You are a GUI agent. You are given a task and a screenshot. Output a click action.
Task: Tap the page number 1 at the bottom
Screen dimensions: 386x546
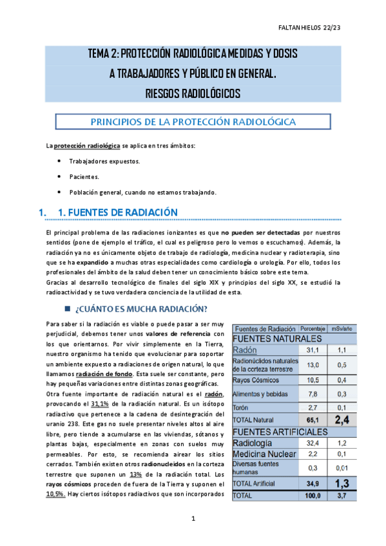(193, 518)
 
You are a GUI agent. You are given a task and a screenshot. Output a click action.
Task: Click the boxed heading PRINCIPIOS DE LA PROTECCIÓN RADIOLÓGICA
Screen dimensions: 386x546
(193, 122)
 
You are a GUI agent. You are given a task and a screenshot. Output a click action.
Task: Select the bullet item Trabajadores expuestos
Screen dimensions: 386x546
(104, 161)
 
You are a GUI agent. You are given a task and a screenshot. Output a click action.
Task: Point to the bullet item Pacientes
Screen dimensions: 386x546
(84, 176)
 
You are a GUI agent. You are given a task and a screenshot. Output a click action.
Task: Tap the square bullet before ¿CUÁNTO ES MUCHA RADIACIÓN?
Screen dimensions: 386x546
(67, 307)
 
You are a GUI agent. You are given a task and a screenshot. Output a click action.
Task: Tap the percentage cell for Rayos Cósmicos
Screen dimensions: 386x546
(312, 379)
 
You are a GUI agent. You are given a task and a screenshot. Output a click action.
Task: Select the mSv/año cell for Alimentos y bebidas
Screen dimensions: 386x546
(342, 394)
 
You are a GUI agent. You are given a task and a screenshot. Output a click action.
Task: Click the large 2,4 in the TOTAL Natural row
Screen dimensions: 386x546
(342, 420)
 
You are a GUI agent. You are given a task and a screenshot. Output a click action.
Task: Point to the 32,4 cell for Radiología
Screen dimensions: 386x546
(312, 444)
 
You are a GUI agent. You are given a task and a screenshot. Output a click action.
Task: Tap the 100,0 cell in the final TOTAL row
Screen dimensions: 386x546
(312, 496)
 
